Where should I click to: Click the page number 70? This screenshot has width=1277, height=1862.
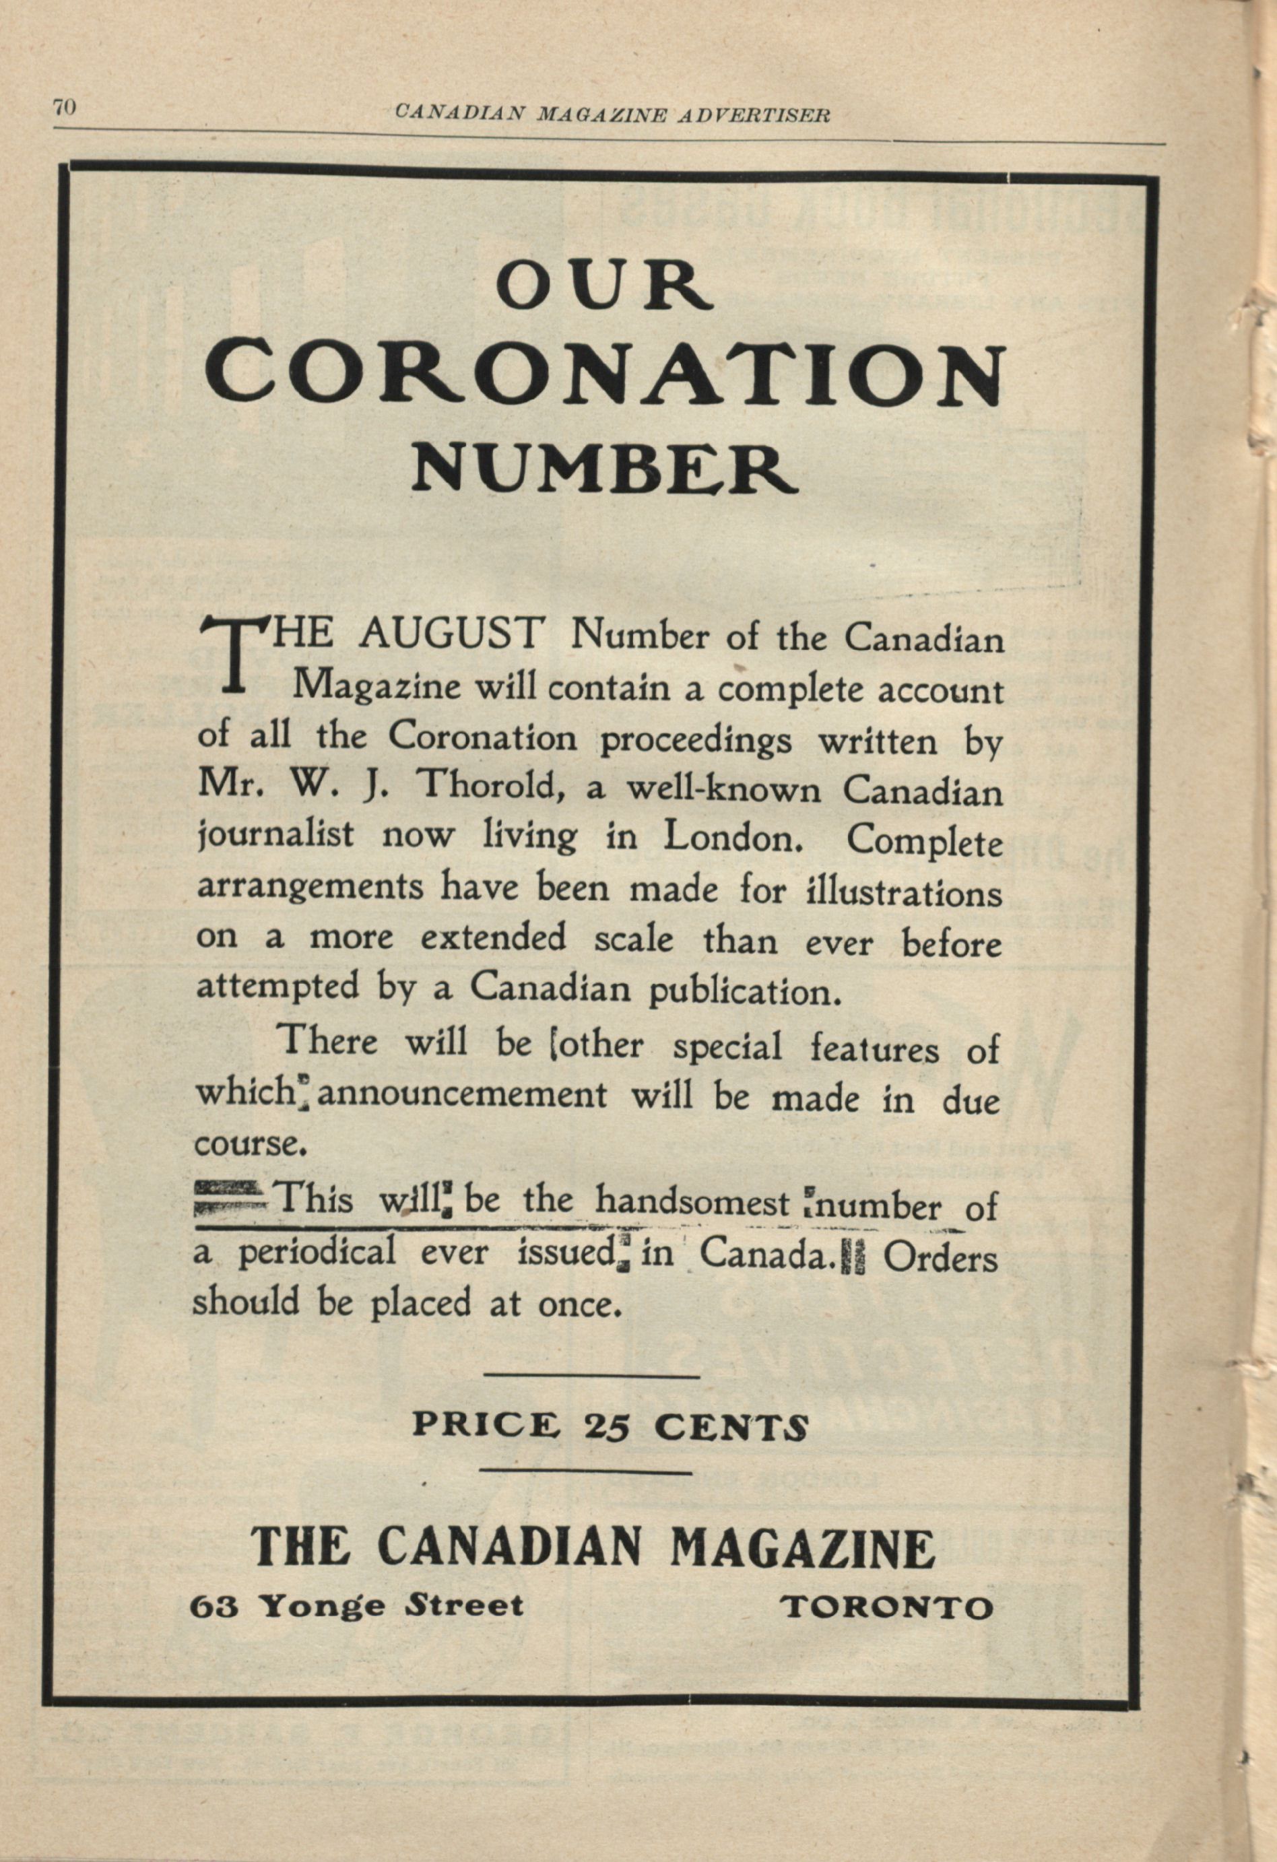[x=64, y=108]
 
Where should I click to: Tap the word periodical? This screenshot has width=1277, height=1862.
[x=317, y=1253]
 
